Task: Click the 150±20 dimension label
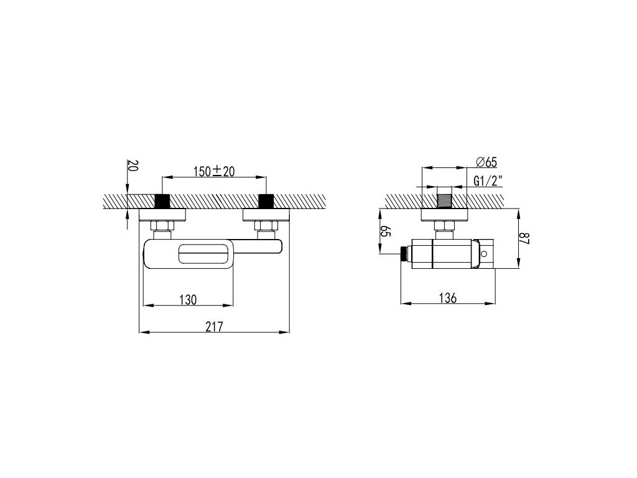(214, 171)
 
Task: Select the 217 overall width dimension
(214, 326)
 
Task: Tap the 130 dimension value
(188, 299)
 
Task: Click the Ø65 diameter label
(486, 162)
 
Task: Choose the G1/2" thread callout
(488, 180)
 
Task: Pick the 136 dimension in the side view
(448, 298)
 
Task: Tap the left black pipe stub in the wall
(162, 201)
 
